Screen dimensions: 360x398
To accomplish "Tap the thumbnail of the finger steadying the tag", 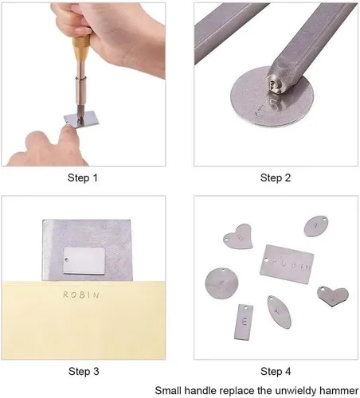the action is (68, 129).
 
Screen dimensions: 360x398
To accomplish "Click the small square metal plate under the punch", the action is (81, 119).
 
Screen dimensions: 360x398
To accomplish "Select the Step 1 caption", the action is (83, 178).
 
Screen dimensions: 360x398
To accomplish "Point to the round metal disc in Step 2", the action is (272, 96).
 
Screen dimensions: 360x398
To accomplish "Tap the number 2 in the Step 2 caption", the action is (288, 178).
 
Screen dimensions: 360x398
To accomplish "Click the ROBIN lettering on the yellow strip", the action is (81, 295).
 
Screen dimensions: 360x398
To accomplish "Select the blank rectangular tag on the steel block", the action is (84, 261).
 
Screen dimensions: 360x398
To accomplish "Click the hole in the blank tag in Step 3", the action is (67, 259).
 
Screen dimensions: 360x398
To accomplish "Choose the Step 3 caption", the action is (84, 371).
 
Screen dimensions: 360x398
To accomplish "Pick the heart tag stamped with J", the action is (333, 296).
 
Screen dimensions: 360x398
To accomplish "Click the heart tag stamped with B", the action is (239, 236).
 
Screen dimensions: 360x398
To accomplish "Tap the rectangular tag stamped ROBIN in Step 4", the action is (287, 264).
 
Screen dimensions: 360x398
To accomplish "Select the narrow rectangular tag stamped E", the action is (244, 322).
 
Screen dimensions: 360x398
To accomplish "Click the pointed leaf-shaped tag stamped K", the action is (279, 312).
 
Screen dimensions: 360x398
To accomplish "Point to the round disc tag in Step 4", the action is (221, 283).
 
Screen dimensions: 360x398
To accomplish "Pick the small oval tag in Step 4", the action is (316, 226).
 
